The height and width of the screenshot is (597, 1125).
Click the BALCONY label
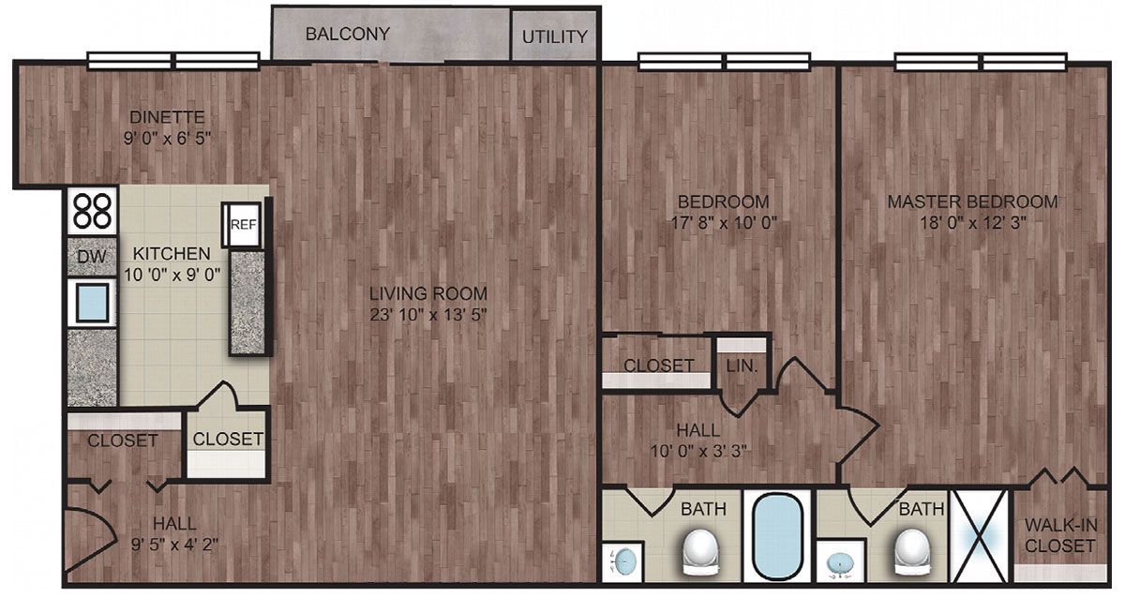coord(348,34)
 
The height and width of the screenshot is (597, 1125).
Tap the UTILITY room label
coord(554,37)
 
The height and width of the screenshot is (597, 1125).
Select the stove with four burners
coord(93,210)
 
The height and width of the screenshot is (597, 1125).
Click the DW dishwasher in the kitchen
coord(92,257)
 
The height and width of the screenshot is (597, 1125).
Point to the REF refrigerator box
coord(243,224)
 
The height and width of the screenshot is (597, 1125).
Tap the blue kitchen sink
coord(93,303)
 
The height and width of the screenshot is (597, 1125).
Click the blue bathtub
coord(776,537)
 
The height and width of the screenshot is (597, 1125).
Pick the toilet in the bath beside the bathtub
coord(701,553)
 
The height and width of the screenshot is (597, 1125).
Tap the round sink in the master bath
coord(840,561)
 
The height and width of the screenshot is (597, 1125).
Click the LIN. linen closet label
coord(742,366)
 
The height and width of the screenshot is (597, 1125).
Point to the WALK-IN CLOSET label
coord(1060,535)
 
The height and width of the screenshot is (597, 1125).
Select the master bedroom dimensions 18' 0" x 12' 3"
coord(972,222)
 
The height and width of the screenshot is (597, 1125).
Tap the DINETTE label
coord(167,117)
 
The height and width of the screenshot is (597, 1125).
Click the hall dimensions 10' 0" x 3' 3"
coord(698,451)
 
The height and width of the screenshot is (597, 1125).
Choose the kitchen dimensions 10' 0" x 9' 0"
coord(172,275)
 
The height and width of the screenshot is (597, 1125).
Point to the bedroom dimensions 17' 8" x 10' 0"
coord(724,222)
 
